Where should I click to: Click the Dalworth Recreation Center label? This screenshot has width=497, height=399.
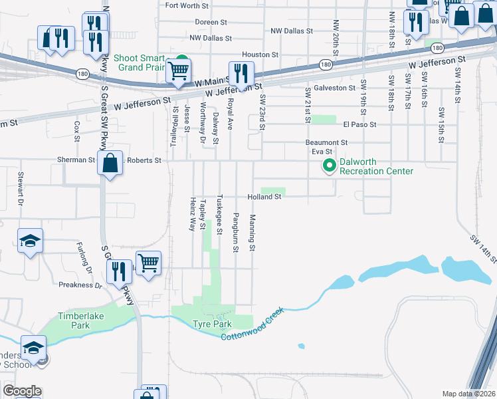[x=376, y=166]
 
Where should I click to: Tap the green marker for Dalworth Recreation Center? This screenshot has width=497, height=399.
[x=328, y=166]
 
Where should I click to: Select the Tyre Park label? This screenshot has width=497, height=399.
[x=212, y=324]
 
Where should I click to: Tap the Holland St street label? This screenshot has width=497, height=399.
[x=264, y=197]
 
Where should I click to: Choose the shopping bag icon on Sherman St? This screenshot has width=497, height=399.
[x=110, y=162]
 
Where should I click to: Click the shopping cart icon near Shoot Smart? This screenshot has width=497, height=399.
[x=178, y=70]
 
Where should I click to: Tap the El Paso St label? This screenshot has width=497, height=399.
[x=359, y=124]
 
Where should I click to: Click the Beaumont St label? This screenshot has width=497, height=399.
[x=326, y=142]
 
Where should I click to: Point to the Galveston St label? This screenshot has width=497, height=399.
[x=334, y=88]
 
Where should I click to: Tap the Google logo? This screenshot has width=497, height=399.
[x=22, y=391]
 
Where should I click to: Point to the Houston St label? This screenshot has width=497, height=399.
[x=260, y=55]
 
